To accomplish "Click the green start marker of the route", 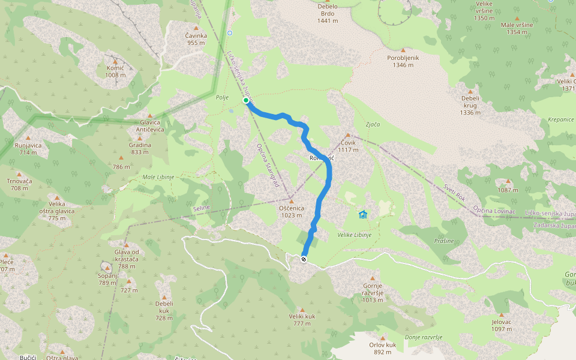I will coord(246,101).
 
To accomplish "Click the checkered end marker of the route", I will coord(304,259).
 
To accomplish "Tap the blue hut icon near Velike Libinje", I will coord(362,214).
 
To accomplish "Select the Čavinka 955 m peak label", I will coord(196,39).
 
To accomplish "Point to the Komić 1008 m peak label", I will coord(115,71).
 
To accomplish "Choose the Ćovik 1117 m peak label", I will coord(347,146).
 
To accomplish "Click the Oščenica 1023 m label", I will coord(292,211).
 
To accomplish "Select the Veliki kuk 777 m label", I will coord(302,319).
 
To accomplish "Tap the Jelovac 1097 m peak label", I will coord(501,325).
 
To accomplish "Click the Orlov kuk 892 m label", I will coord(383,348).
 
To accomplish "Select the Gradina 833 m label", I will coord(140,148).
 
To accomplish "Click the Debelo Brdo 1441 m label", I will coord(328,13).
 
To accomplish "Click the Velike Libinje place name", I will coord(355,235).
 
